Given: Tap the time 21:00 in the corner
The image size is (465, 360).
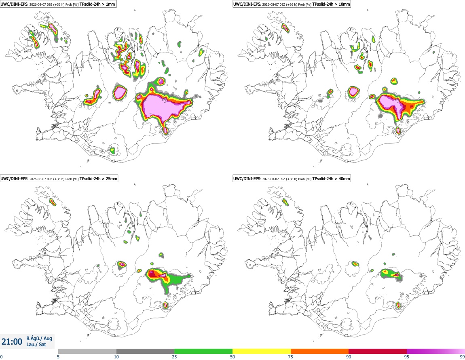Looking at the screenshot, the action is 12,342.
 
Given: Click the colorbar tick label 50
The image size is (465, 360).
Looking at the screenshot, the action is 232,357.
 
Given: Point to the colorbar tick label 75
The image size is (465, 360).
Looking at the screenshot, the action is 291,357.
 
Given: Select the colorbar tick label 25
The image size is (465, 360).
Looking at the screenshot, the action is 174,357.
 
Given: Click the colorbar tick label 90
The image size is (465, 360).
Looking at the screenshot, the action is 349,357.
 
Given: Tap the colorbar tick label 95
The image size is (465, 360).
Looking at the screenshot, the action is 407,357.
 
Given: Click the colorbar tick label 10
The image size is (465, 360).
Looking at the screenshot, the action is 116,357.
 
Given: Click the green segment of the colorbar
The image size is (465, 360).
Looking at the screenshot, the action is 203,351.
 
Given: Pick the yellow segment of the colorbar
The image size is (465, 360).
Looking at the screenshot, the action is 262,351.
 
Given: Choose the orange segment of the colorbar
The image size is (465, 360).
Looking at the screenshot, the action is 320,351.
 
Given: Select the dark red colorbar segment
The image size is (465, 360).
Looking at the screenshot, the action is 378,351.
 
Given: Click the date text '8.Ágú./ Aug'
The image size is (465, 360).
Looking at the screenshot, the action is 39,338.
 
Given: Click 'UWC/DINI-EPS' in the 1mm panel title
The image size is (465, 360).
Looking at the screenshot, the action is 14,4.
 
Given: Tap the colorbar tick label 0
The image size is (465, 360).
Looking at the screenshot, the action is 2,357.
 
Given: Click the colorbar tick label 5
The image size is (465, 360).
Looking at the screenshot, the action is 58,357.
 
